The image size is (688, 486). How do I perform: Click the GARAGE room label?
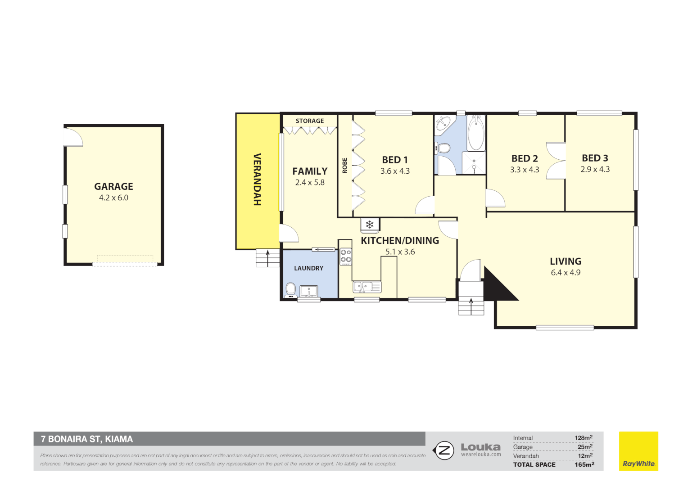point(113,186)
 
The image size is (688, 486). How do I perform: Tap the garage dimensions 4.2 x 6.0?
point(113,198)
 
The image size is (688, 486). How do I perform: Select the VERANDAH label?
point(257,180)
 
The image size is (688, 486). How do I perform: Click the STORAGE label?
point(310,121)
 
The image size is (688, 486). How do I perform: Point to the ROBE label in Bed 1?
point(345,165)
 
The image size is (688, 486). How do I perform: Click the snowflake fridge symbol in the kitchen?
point(370,225)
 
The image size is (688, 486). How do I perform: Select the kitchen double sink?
point(367,286)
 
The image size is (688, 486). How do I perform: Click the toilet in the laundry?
point(291,289)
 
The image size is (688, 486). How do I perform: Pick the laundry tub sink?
point(309,291)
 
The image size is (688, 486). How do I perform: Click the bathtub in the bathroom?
point(475,133)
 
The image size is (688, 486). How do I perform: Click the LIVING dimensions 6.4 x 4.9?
point(566,273)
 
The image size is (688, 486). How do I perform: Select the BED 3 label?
point(595,158)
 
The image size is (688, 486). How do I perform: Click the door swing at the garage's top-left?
point(73,137)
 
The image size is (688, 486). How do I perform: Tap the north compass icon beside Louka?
point(444,450)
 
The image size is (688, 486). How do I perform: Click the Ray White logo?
point(638,451)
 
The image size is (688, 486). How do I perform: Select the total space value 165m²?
point(584,465)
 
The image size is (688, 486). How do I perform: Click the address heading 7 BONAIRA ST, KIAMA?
point(87,439)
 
